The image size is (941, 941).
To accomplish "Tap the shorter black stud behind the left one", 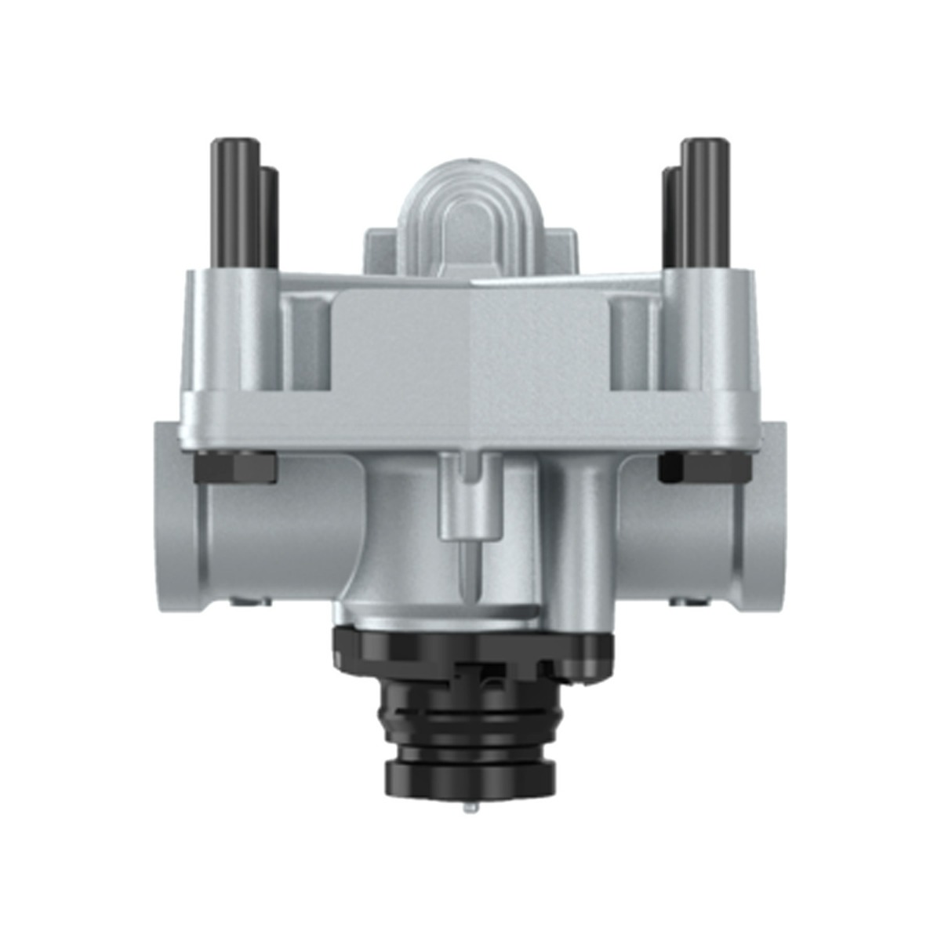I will tap(268, 216).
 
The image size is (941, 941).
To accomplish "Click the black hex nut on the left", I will tap(234, 467).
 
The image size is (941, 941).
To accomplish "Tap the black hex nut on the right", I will tap(700, 467).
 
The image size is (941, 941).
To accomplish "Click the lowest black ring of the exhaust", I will tap(470, 776).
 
